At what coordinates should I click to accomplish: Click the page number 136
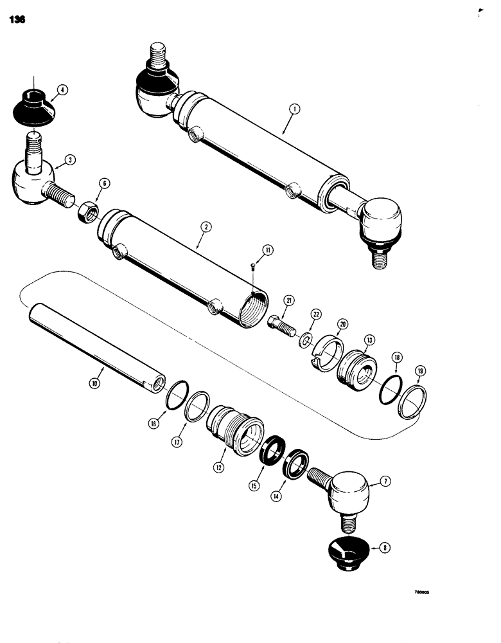tap(17, 20)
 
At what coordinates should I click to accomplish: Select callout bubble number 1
tap(293, 110)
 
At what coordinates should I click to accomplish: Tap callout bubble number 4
tap(62, 91)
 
